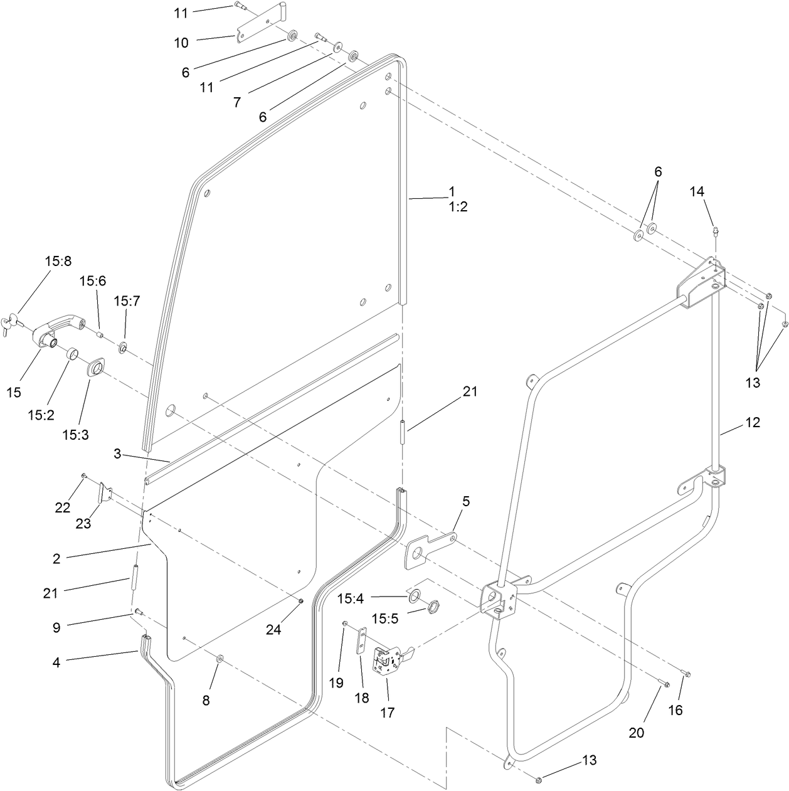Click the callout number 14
click(697, 192)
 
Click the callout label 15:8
click(58, 260)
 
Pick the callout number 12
click(752, 423)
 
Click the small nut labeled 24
click(300, 602)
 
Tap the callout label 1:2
click(458, 207)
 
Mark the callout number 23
click(83, 523)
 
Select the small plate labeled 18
click(361, 642)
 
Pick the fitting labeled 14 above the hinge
click(715, 231)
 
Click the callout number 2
click(56, 558)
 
